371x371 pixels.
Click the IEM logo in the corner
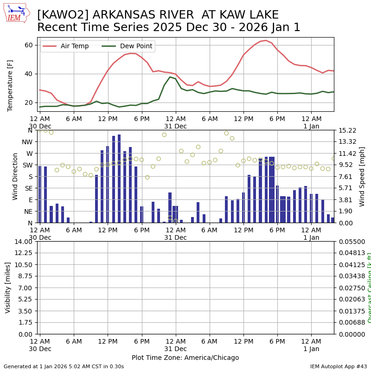(16, 13)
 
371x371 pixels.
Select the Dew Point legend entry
(133, 46)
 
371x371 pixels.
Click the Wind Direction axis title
(15, 176)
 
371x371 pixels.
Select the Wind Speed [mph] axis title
(362, 176)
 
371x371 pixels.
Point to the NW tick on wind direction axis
(28, 142)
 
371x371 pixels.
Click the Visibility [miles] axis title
(8, 288)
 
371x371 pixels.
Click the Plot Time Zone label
(185, 358)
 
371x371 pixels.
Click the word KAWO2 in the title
(58, 15)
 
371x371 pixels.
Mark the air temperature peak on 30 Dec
(131, 53)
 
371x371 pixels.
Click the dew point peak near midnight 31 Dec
(170, 77)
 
